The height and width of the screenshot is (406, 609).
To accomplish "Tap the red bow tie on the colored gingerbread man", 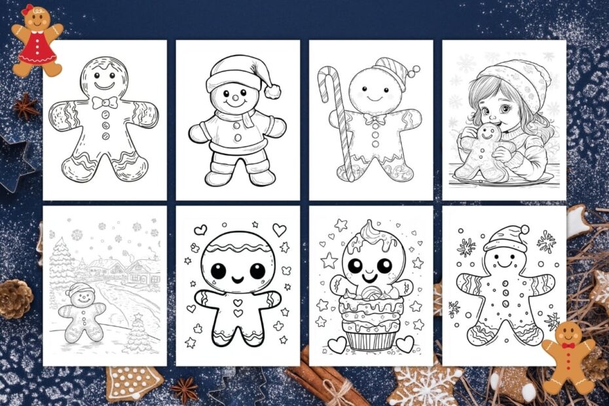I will [x=569, y=345].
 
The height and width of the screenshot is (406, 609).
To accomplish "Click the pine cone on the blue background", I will [x=15, y=299].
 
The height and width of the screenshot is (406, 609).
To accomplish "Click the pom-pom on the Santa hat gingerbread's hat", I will [x=272, y=90].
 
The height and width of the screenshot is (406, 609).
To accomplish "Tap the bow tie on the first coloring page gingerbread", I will [x=104, y=103].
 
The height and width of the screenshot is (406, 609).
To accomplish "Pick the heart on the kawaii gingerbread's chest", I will [x=238, y=303].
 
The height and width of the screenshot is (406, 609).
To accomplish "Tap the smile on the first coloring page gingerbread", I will [x=104, y=86].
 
